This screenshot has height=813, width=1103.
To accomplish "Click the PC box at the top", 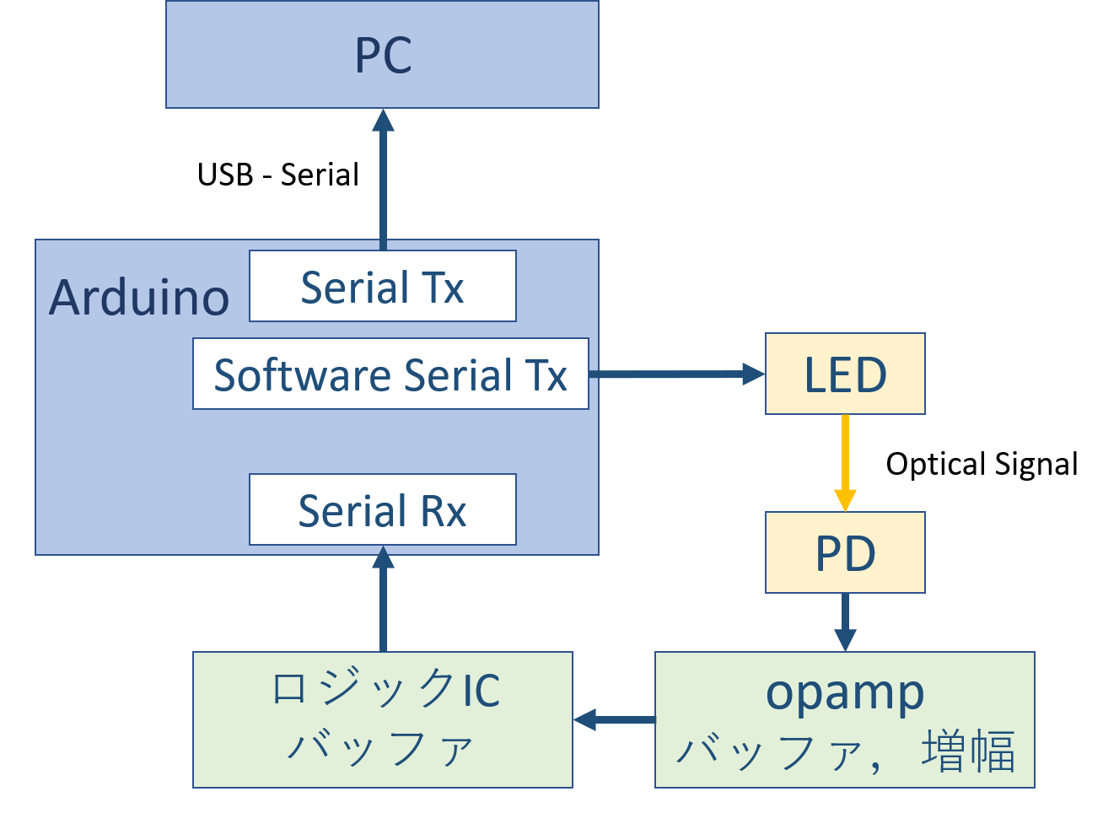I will click(x=382, y=55).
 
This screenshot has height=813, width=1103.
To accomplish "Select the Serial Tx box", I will click(x=382, y=287).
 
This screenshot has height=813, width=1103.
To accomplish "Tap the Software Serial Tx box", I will click(x=390, y=374).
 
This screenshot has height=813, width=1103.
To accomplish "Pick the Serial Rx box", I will click(x=382, y=510).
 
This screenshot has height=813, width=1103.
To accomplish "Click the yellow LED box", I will click(x=845, y=374).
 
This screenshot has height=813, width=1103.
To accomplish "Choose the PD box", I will click(x=845, y=553).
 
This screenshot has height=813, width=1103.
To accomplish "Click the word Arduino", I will click(x=139, y=297).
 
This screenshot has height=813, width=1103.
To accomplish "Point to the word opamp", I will click(x=845, y=693).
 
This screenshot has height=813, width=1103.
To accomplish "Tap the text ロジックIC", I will click(x=385, y=689).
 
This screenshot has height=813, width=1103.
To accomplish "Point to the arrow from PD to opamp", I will click(x=845, y=622).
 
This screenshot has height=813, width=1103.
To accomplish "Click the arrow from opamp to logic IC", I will click(x=614, y=719).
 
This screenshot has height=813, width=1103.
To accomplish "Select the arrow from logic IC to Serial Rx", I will click(x=384, y=600).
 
